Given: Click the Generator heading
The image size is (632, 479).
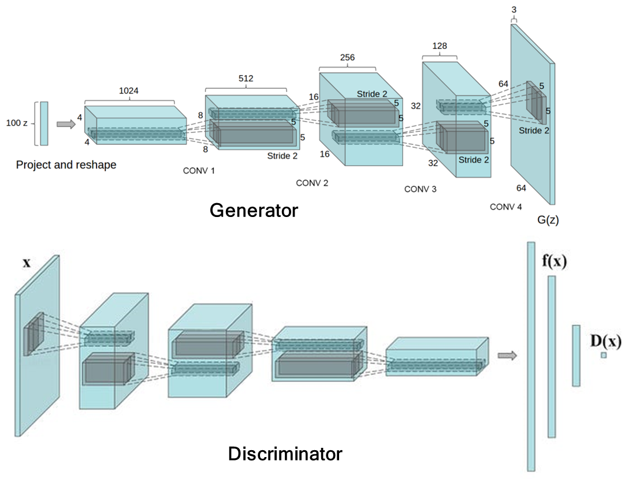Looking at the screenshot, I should point(254,210).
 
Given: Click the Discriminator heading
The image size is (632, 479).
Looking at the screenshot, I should point(285,454).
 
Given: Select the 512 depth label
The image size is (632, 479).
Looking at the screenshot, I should point(246,78).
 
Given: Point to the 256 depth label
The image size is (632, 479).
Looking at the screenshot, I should point(347,58).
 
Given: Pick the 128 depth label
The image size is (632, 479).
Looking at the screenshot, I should point(439,46).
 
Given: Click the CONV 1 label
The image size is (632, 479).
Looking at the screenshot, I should point(199,171).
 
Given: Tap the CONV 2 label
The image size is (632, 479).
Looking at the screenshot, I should point(312,183).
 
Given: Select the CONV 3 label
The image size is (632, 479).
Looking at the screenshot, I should point(420,189).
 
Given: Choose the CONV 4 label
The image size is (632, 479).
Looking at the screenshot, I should point(505,207).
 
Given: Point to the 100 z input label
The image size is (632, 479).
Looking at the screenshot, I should point(17,123).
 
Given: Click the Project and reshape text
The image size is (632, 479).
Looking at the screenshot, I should point(66,165).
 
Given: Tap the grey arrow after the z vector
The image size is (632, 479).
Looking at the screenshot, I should point(65,124).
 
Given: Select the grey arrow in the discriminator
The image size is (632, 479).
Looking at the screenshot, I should point(507,355).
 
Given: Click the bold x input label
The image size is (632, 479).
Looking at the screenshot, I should point(27,263).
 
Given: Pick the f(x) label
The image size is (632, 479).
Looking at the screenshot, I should point(554,261).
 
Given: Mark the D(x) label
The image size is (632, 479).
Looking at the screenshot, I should point(605,341).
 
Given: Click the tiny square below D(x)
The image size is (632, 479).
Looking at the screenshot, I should point(604,355).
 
